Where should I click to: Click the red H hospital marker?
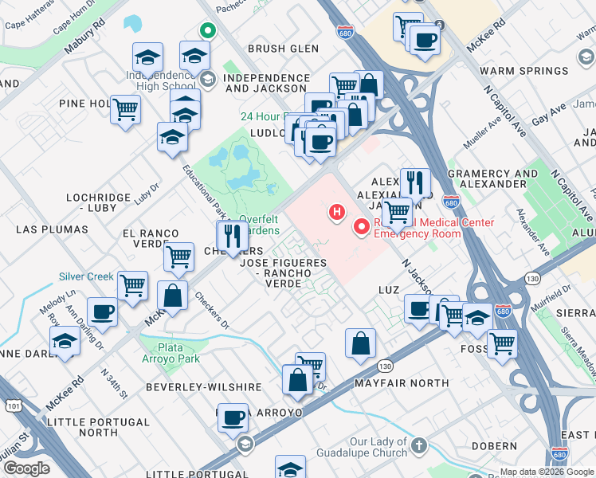338,212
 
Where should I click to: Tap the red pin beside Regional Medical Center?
363,228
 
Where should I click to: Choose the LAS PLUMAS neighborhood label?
52,229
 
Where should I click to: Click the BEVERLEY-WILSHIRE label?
203,387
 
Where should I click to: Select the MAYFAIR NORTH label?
414,383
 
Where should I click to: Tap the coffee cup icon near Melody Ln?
102,311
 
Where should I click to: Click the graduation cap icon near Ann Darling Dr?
65,343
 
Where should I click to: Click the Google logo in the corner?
26,468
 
